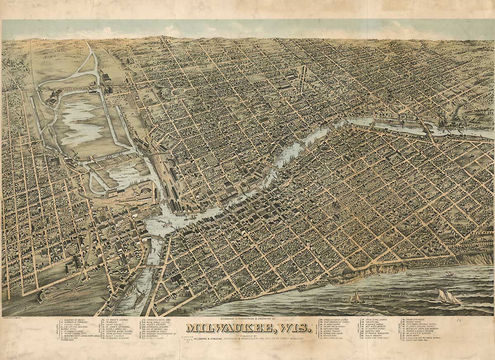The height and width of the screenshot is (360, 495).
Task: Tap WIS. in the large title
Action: (295, 328)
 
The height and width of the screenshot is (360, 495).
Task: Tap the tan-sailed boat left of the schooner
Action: (356, 297)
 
